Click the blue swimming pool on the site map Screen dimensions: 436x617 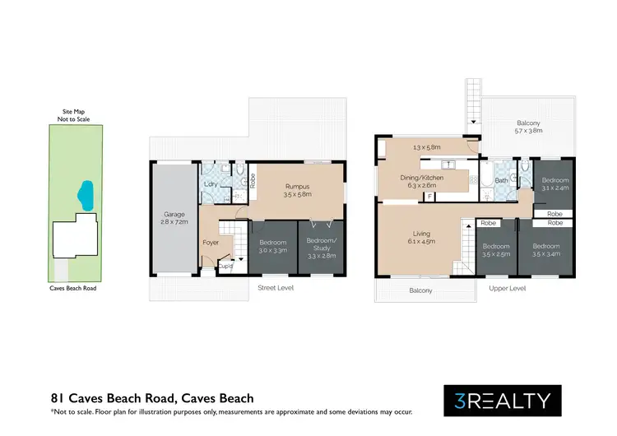pos(82,196)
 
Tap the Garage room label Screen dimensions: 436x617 pos(174,215)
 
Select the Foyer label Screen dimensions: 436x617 pos(211,243)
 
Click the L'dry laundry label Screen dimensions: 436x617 pos(211,184)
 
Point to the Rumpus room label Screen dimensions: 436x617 pos(297,187)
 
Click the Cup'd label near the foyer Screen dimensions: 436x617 pos(225,266)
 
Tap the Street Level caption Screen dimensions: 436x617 pos(276,288)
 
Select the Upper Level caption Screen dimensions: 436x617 pos(507,289)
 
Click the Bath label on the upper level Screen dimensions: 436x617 pos(500,181)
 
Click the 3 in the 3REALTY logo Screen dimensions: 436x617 pos(458,401)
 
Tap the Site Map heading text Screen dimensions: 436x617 pos(74,110)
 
